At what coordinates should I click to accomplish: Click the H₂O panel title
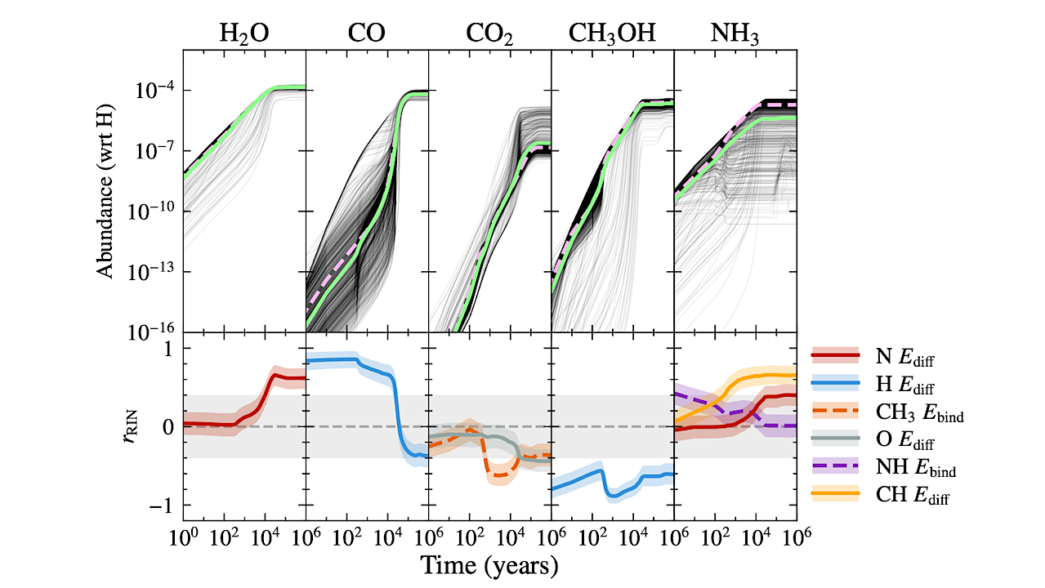[243, 33]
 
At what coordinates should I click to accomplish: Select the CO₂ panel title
[489, 33]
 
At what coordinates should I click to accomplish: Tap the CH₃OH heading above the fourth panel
[612, 33]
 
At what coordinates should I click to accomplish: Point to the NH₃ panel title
[735, 33]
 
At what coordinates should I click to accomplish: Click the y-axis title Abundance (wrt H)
[107, 191]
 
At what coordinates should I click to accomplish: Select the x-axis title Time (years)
[489, 565]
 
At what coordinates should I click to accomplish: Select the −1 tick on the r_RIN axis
[162, 506]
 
